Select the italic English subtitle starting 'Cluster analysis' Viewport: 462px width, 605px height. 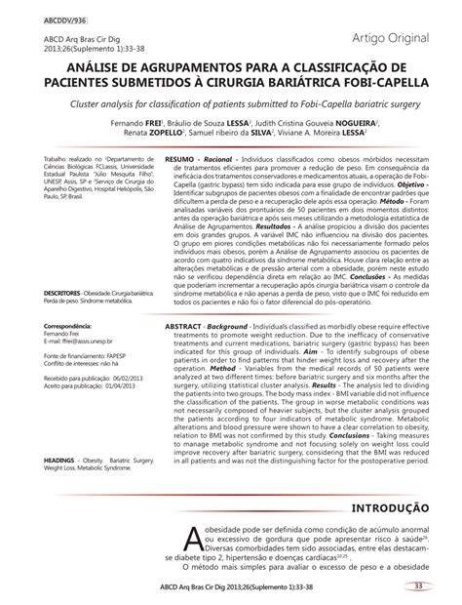230,101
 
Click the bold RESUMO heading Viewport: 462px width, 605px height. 179,158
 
